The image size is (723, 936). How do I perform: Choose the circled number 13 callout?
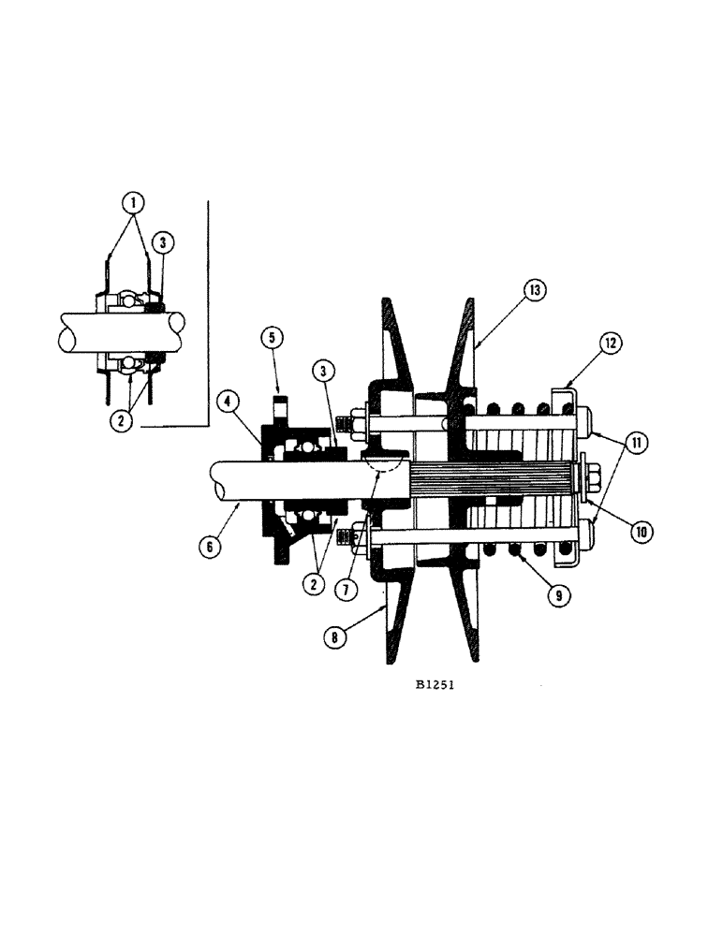[534, 292]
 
